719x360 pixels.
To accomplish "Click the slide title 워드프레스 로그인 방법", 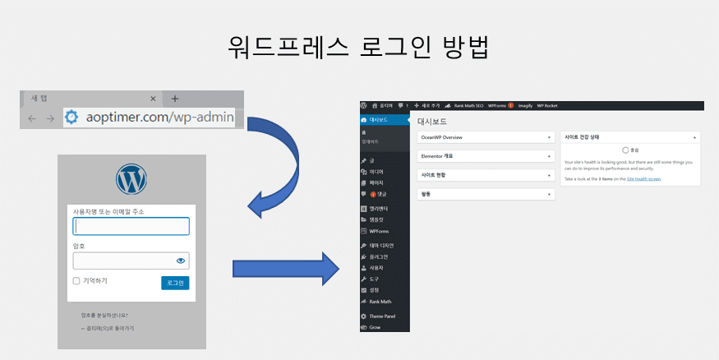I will [359, 46].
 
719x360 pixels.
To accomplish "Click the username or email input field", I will [131, 226].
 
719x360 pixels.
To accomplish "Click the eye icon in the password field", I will [182, 261].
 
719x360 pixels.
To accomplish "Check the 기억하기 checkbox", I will [76, 281].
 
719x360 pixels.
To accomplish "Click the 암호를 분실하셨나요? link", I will [104, 315].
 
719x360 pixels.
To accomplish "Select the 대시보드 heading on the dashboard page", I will [432, 121].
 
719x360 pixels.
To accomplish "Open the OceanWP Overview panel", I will [485, 137].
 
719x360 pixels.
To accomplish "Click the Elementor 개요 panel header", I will [485, 155].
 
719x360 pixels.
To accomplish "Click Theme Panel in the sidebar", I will [382, 316].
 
